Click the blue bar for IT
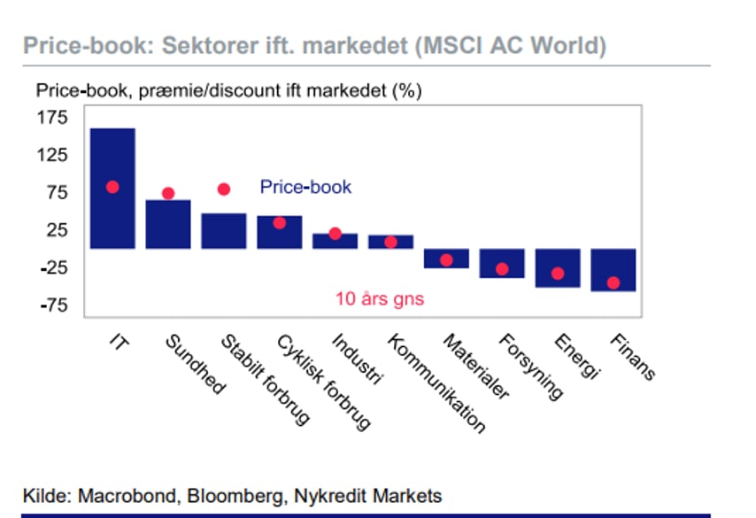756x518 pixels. pos(112,189)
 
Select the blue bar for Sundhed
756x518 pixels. pos(168,224)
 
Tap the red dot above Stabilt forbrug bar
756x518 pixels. pos(224,189)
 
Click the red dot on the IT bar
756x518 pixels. pos(112,187)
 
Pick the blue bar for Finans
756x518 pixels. pos(613,270)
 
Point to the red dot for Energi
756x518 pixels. pos(558,274)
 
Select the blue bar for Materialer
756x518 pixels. pos(446,259)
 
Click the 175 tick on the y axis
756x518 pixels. pos(52,117)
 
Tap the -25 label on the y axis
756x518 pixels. pos(54,267)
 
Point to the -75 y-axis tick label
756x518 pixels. pos(54,305)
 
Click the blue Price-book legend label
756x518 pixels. pos(305,187)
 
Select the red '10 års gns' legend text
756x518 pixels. pos(380,299)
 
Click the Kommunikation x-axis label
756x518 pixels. pos(436,383)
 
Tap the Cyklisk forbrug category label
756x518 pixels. pos(323,382)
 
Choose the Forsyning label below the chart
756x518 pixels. pos(530,367)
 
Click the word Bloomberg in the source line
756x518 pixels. pos(235,496)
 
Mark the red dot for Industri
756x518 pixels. pos(336,234)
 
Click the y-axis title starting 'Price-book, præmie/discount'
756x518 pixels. pos(229,90)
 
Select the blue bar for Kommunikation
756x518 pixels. pos(390,242)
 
